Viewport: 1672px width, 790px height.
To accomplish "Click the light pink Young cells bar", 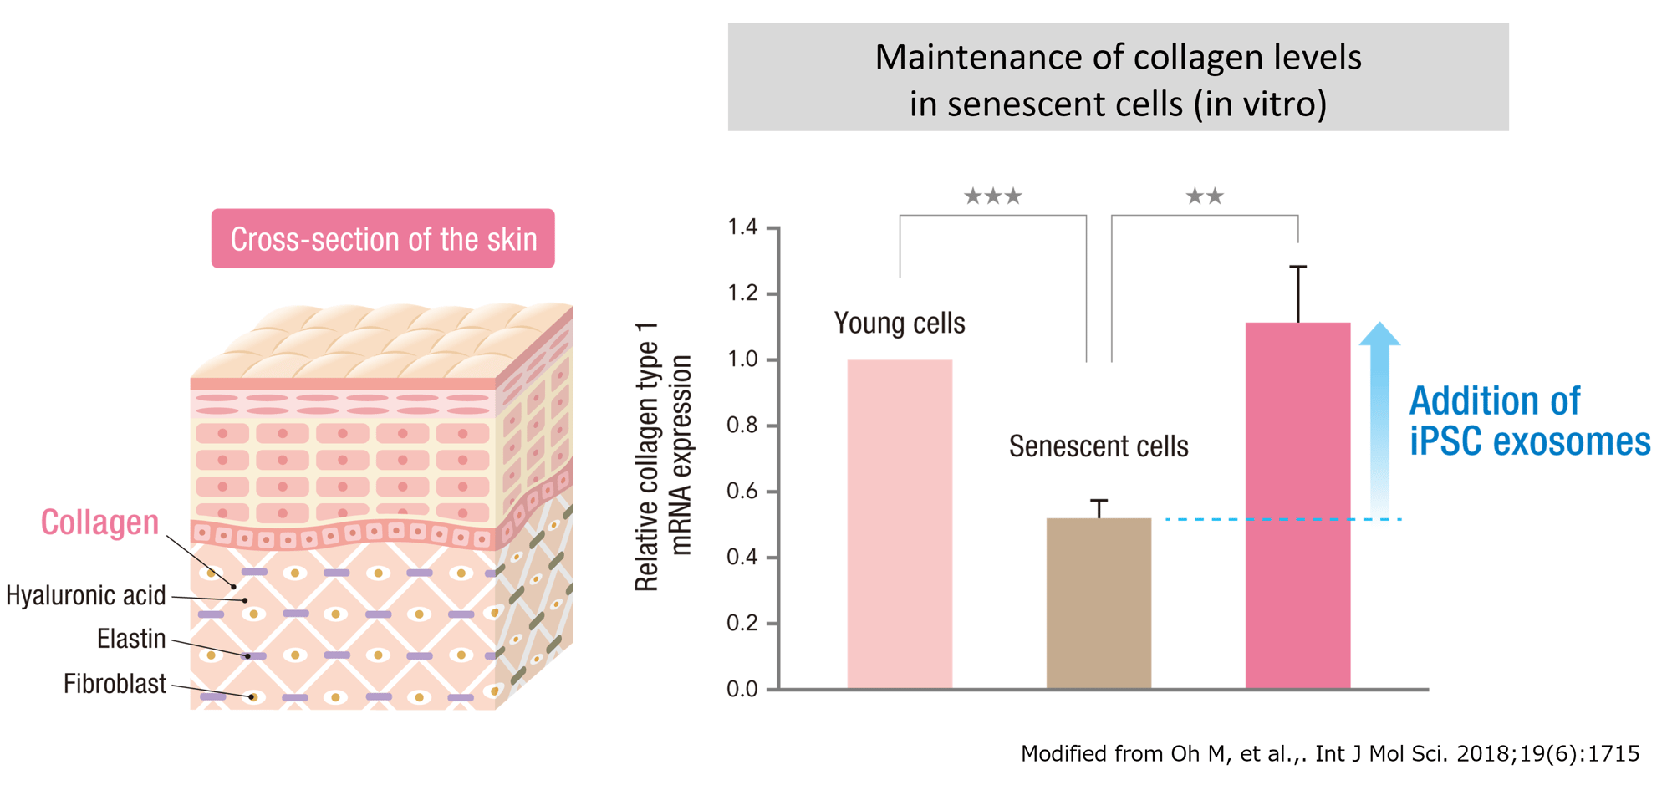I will click(x=900, y=524).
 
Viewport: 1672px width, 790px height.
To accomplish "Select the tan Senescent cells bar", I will click(x=1099, y=604).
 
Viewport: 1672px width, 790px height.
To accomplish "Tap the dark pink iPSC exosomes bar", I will click(x=1297, y=506).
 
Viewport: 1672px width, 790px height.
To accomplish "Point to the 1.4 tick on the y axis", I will click(x=743, y=227).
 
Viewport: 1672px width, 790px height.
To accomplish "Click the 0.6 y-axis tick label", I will click(x=742, y=492).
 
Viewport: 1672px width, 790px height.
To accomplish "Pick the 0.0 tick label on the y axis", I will click(x=742, y=690).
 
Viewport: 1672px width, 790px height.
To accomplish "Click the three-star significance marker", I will click(x=992, y=196).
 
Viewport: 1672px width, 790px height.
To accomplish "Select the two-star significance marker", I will click(x=1205, y=196).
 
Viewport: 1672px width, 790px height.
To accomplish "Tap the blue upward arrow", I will click(x=1379, y=418).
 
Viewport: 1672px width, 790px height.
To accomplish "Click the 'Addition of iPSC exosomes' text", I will click(x=1529, y=420).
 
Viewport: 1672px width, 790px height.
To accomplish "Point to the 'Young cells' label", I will click(x=900, y=324).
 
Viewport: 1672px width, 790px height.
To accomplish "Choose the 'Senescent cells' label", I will click(x=1099, y=446).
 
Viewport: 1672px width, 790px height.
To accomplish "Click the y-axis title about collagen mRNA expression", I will click(x=664, y=456).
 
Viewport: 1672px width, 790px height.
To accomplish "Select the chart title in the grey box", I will click(x=1118, y=79).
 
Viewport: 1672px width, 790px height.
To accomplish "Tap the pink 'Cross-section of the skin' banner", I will click(x=383, y=239).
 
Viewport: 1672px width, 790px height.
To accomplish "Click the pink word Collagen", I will click(x=99, y=522).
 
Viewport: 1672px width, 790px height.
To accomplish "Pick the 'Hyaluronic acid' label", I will click(x=86, y=596).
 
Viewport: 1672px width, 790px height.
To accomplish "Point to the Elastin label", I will click(x=131, y=640).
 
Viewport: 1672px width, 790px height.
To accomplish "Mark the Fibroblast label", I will click(x=115, y=684).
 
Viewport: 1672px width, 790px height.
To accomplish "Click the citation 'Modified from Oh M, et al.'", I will click(x=1329, y=754).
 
